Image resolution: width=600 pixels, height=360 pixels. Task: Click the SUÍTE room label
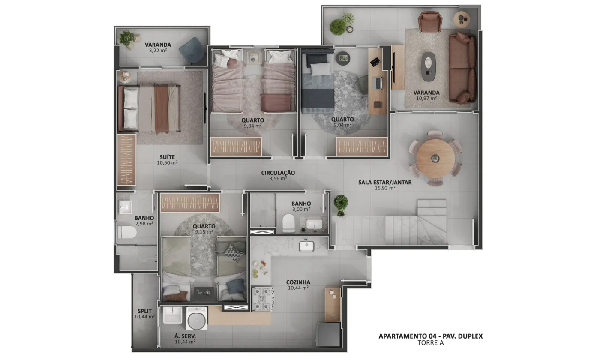[167, 157]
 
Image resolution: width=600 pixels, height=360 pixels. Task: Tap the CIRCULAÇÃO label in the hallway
[278, 173]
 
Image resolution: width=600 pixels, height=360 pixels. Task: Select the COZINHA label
[298, 282]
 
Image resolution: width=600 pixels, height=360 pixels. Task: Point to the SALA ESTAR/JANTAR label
[385, 183]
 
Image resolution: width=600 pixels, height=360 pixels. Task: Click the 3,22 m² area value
[158, 51]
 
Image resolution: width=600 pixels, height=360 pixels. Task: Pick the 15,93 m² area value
[385, 188]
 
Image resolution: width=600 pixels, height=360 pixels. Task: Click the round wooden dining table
[435, 158]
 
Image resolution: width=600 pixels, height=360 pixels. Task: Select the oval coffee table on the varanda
[429, 66]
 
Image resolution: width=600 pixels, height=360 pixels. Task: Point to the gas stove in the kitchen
[263, 299]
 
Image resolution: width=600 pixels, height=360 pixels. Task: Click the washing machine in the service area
[197, 318]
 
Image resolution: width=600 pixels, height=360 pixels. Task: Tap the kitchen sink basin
[307, 246]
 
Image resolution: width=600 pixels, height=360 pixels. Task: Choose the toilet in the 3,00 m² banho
[288, 223]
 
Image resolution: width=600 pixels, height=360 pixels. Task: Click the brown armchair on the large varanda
[430, 21]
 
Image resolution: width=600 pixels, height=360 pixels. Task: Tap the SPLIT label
[145, 311]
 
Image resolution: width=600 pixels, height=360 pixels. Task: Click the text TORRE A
[431, 342]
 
